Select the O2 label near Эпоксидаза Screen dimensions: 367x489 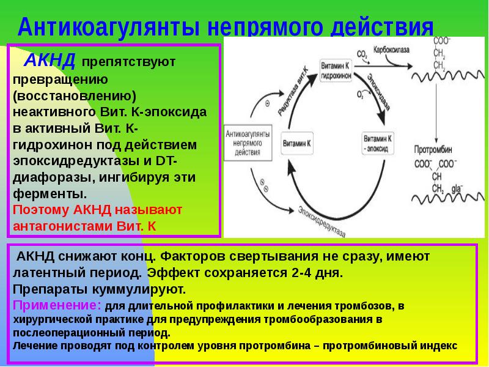coord(361,94)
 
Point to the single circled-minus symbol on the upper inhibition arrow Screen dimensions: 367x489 coord(267,105)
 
